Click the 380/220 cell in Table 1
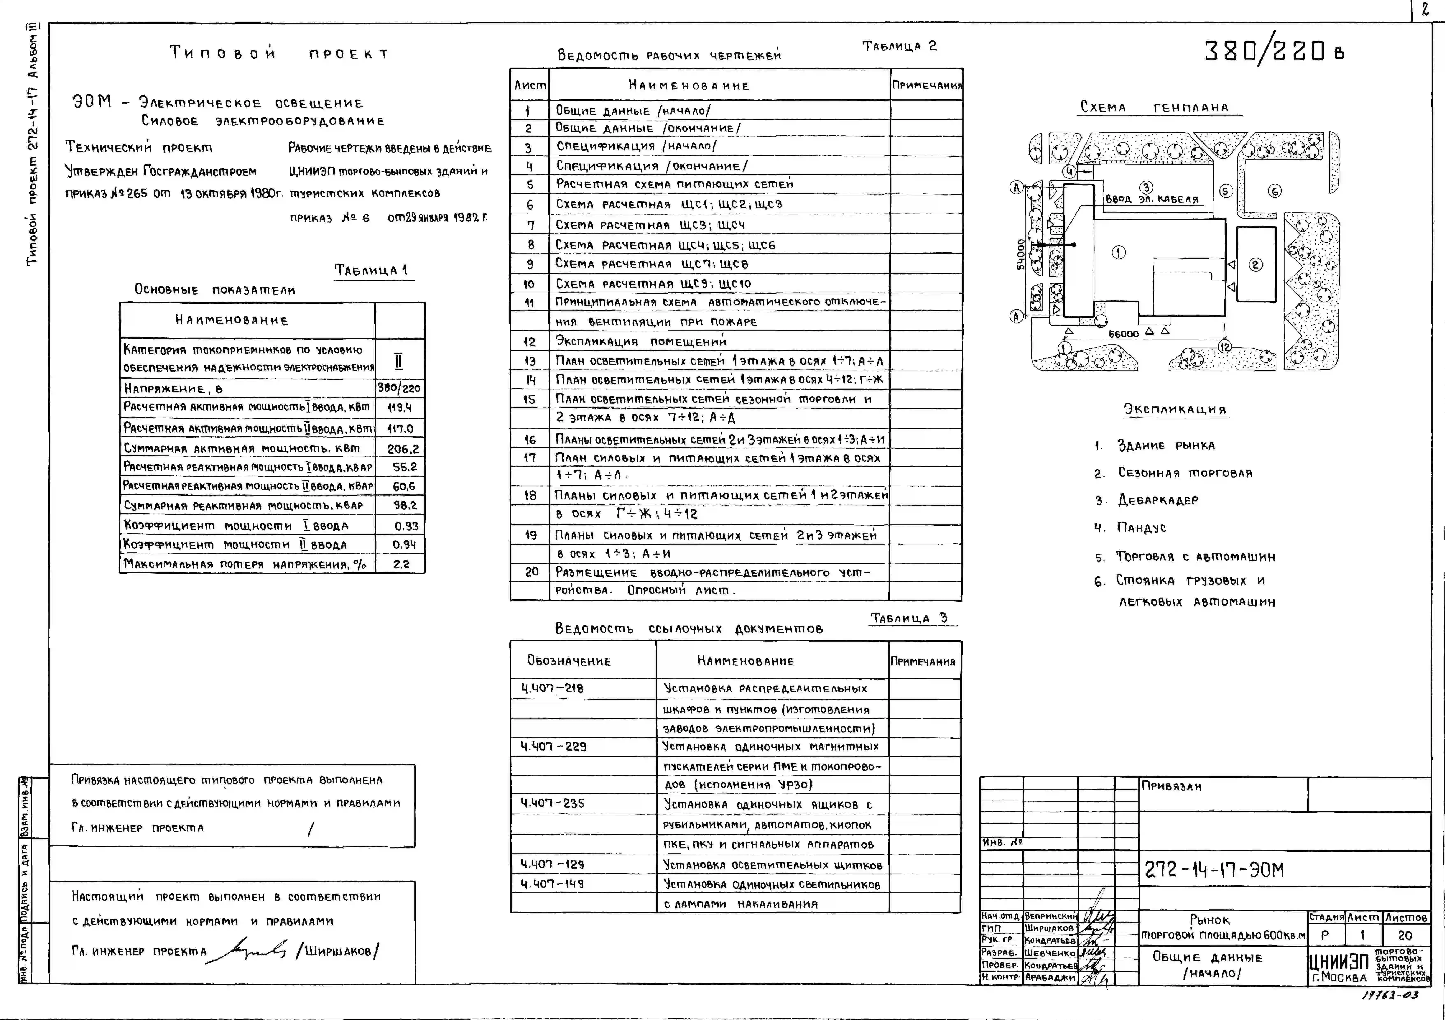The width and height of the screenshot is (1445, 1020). (x=399, y=388)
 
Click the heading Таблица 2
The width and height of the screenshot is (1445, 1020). (x=899, y=46)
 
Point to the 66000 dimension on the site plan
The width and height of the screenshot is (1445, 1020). (x=1123, y=334)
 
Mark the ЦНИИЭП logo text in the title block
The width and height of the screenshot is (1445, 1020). (x=1339, y=961)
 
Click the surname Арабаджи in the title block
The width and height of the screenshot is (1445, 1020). (x=1050, y=977)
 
